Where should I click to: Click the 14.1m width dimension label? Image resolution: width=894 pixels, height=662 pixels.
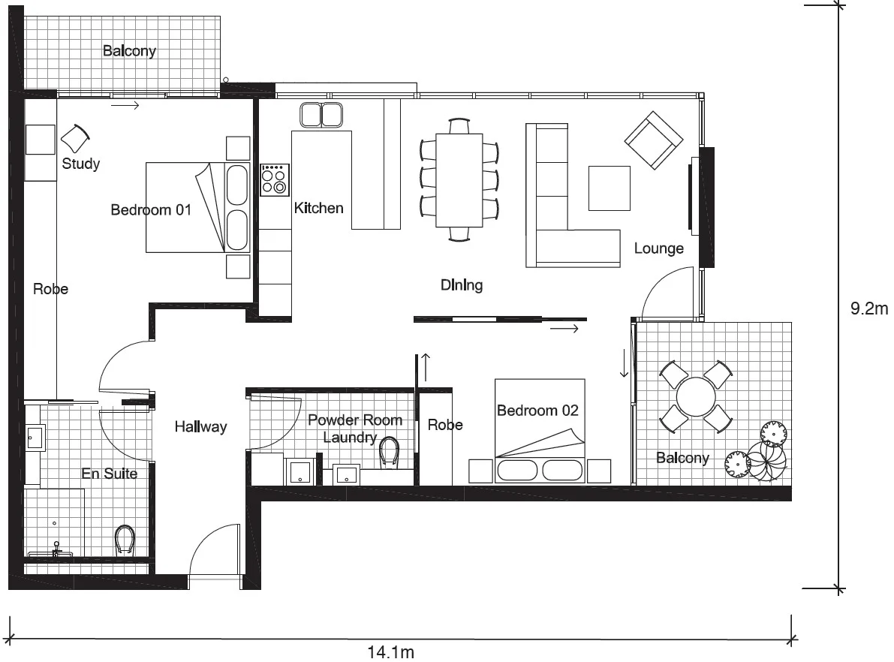click(390, 652)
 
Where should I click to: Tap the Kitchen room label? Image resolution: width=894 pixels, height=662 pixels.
click(318, 208)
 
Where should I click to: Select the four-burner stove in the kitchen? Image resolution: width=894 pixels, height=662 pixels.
click(275, 180)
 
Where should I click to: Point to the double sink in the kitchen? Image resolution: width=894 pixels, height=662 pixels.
click(321, 115)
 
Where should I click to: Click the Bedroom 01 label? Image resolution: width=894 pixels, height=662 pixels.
click(151, 210)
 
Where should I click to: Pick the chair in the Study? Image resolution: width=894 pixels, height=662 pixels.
click(75, 138)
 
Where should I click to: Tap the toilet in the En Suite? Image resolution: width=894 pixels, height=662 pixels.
click(125, 540)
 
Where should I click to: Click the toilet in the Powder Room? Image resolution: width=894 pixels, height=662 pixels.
click(389, 452)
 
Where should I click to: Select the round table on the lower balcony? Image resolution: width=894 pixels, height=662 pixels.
click(696, 396)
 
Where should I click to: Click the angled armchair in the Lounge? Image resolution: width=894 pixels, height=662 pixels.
click(653, 141)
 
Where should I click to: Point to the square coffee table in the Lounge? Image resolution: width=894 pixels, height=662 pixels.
click(609, 188)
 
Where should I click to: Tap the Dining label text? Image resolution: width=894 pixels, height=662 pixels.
click(462, 285)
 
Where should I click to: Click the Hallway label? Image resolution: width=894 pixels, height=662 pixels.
click(200, 426)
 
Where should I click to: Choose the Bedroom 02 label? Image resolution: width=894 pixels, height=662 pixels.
click(537, 411)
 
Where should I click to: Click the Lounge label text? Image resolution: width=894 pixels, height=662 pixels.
click(658, 248)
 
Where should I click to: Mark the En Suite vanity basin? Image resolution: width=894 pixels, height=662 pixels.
click(35, 437)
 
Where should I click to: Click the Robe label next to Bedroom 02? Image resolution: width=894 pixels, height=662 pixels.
click(445, 425)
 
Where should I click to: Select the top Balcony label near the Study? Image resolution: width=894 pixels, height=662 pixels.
click(129, 51)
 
